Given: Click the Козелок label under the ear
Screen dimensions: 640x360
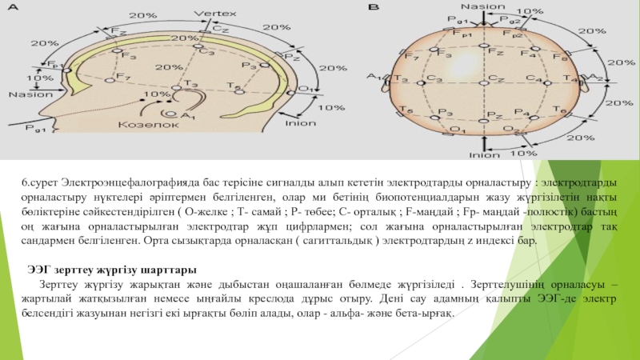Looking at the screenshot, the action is tap(137, 125).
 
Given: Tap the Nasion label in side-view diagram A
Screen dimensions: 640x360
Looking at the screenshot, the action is tap(26, 94).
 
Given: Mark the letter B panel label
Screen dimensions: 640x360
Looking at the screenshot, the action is tap(374, 7).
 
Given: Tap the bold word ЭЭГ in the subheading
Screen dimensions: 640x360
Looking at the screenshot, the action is tap(41, 268).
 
